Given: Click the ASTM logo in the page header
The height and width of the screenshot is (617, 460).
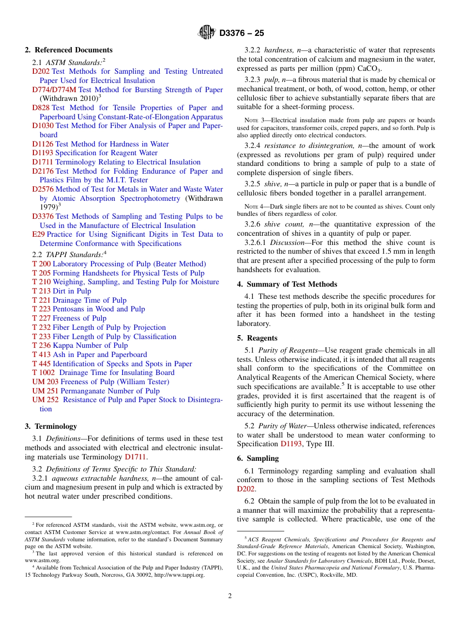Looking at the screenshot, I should coord(207,32).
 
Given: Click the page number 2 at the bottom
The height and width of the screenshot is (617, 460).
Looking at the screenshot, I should coord(230,596).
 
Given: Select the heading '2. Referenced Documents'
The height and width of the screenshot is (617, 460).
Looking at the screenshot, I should coord(68,50).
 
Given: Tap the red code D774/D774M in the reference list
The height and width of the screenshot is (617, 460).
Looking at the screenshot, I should coord(54,90).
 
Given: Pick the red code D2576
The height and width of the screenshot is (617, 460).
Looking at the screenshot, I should coord(43,189).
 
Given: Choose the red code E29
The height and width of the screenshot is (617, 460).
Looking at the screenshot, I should coord(38,234).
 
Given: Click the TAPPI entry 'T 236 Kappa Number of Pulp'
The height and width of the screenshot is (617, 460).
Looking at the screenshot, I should coord(80,345).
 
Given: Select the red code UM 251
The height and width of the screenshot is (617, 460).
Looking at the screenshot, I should coord(45,391).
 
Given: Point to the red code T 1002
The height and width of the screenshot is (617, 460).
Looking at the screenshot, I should coord(44,373).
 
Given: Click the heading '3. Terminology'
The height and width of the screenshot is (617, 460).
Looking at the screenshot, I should coord(51,426).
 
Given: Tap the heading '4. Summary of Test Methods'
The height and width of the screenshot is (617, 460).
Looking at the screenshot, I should coord(287,284).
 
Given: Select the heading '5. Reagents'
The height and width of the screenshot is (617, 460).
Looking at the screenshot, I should coord(257,338).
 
